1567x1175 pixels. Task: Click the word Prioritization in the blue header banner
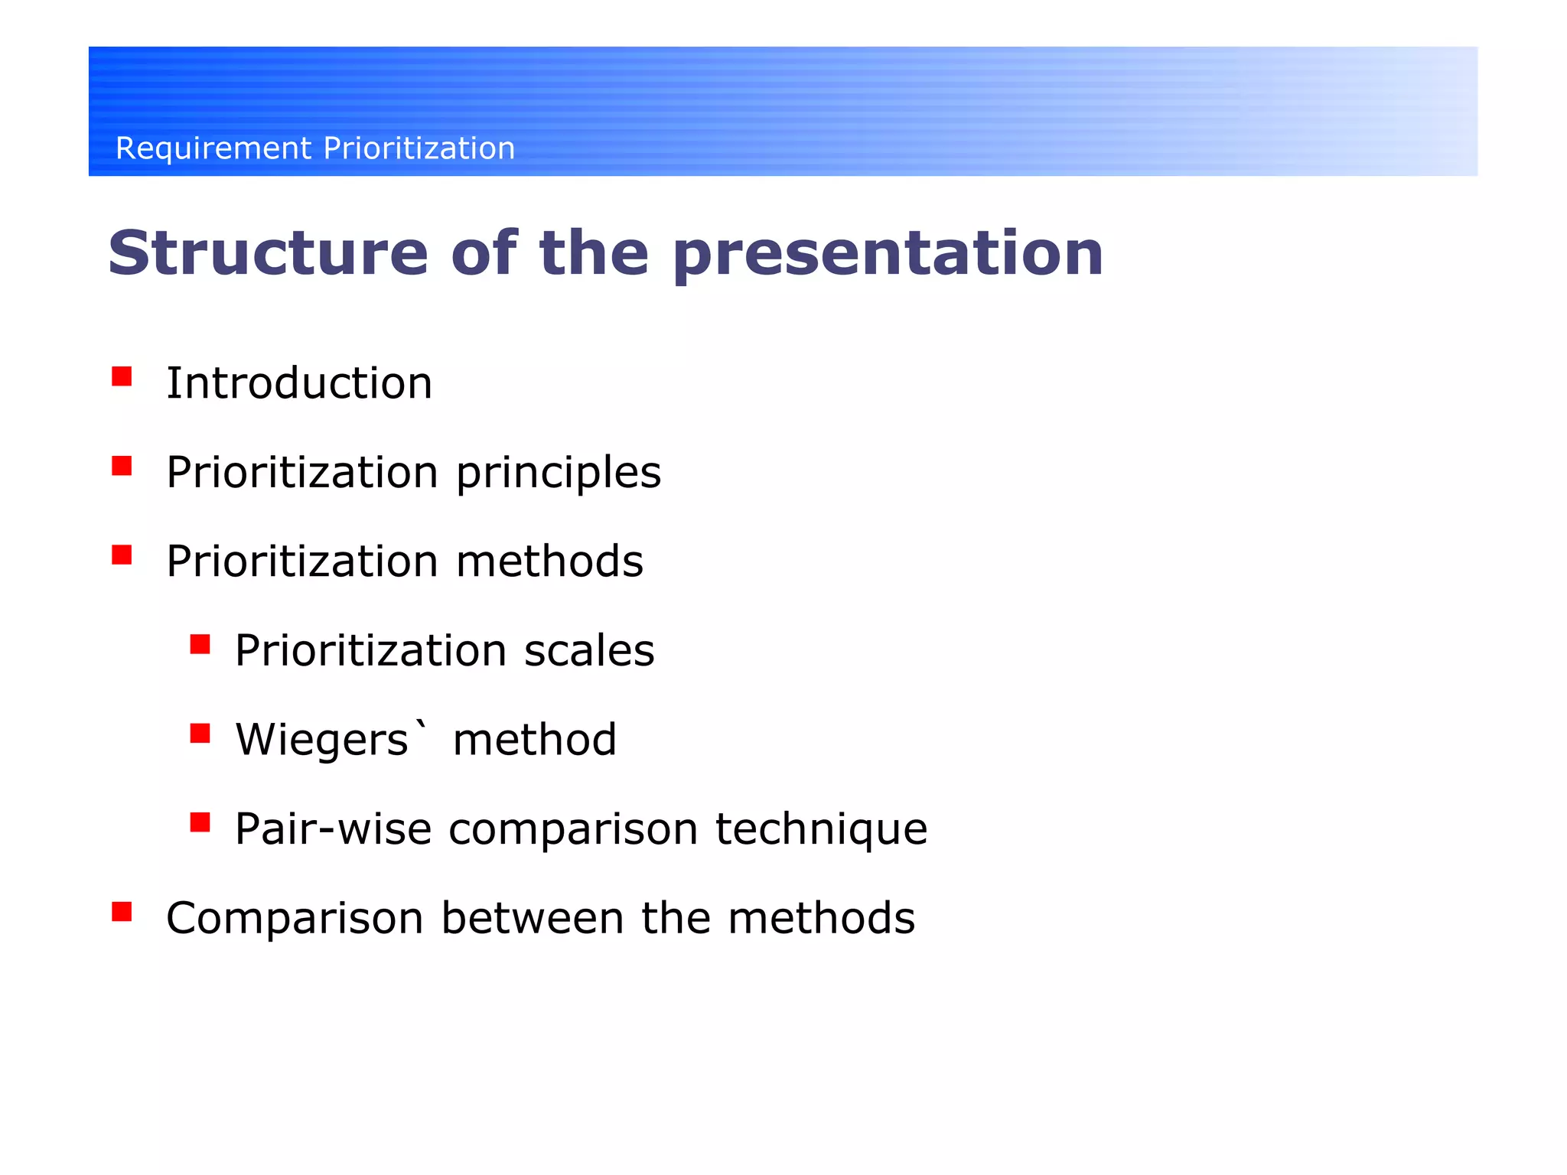tap(419, 148)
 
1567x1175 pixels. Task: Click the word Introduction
tap(299, 383)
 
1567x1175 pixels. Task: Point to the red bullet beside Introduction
tap(122, 376)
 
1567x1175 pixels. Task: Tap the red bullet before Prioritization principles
tap(122, 466)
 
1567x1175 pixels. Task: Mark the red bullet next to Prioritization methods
tap(122, 555)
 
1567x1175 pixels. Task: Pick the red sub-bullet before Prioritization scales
tap(200, 644)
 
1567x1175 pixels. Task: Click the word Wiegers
tap(322, 740)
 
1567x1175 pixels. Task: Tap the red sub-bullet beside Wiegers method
tap(200, 734)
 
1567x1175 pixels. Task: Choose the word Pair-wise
tap(333, 829)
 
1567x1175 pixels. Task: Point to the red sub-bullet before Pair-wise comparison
tap(200, 822)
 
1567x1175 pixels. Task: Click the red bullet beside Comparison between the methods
tap(122, 911)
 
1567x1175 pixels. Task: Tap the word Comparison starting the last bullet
tap(295, 919)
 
